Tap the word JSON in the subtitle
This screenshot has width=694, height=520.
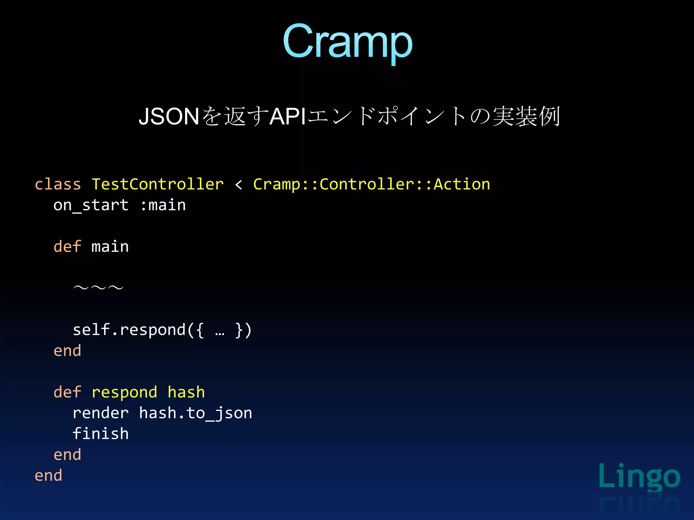[x=169, y=116]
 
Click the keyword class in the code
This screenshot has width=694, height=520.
[x=58, y=185]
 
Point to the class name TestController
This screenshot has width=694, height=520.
[x=158, y=185]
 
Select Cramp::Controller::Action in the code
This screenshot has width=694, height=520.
[x=371, y=185]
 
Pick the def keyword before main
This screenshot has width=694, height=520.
[x=67, y=247]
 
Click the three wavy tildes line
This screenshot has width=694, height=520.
[x=98, y=288]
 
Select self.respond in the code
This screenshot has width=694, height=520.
[x=129, y=330]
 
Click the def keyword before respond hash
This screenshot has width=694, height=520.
[x=67, y=392]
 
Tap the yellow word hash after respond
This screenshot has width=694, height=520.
[x=186, y=392]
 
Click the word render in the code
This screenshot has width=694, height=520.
[x=101, y=413]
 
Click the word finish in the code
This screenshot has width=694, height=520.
[x=101, y=434]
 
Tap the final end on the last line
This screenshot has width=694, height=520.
[x=48, y=476]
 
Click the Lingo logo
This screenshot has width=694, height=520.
[x=639, y=477]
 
